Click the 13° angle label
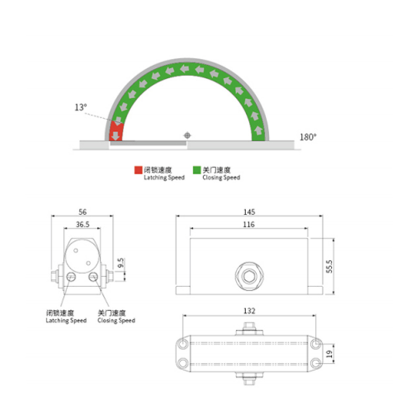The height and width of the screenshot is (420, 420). [x=80, y=107]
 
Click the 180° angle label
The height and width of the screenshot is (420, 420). [x=308, y=137]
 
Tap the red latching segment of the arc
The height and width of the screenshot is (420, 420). [x=115, y=130]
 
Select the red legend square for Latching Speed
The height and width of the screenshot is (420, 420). [x=138, y=170]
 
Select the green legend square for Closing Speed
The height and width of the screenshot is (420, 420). [x=197, y=170]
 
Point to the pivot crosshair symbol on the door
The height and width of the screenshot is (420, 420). [x=187, y=135]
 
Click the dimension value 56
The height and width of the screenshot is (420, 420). [x=82, y=212]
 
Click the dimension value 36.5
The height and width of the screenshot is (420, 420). [x=82, y=224]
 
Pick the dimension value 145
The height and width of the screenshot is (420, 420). [x=249, y=212]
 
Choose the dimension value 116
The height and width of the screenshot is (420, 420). [x=249, y=225]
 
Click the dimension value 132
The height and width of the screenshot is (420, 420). [x=249, y=311]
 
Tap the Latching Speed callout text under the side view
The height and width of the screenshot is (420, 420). [x=66, y=317]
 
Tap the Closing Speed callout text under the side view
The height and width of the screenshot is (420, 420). [x=116, y=317]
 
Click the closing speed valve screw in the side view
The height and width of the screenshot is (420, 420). [x=93, y=277]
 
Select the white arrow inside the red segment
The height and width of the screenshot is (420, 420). [x=115, y=135]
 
